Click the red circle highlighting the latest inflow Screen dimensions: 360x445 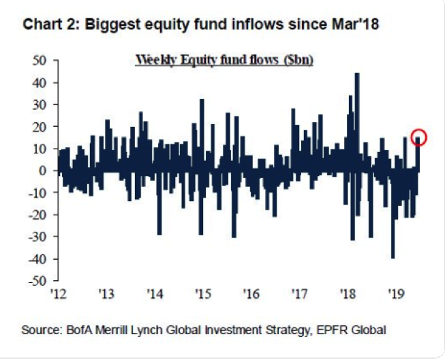[418, 137]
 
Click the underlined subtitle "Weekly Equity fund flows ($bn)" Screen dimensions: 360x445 [224, 59]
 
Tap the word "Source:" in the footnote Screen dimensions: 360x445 [42, 331]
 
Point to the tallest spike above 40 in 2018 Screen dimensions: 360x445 [357, 75]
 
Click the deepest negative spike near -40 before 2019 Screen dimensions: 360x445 [393, 256]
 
